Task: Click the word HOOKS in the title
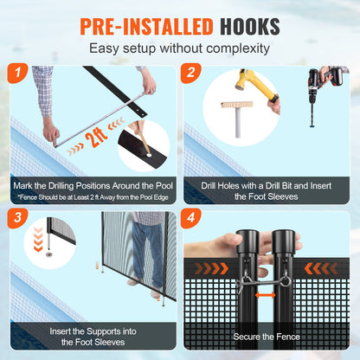pyautogui.click(x=250, y=27)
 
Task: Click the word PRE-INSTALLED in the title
pyautogui.click(x=146, y=27)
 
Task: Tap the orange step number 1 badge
pyautogui.click(x=17, y=74)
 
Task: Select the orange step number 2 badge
pyautogui.click(x=190, y=74)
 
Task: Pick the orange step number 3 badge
pyautogui.click(x=17, y=218)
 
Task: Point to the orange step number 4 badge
pyautogui.click(x=190, y=218)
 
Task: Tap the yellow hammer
pyautogui.click(x=256, y=86)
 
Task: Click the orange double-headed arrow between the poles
pyautogui.click(x=265, y=295)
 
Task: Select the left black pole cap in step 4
pyautogui.click(x=247, y=241)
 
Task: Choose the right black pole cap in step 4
pyautogui.click(x=283, y=241)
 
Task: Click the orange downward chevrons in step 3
pyautogui.click(x=38, y=239)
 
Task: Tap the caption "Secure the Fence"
pyautogui.click(x=267, y=337)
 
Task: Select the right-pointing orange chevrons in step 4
pyautogui.click(x=211, y=268)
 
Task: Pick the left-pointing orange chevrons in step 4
pyautogui.click(x=321, y=268)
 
